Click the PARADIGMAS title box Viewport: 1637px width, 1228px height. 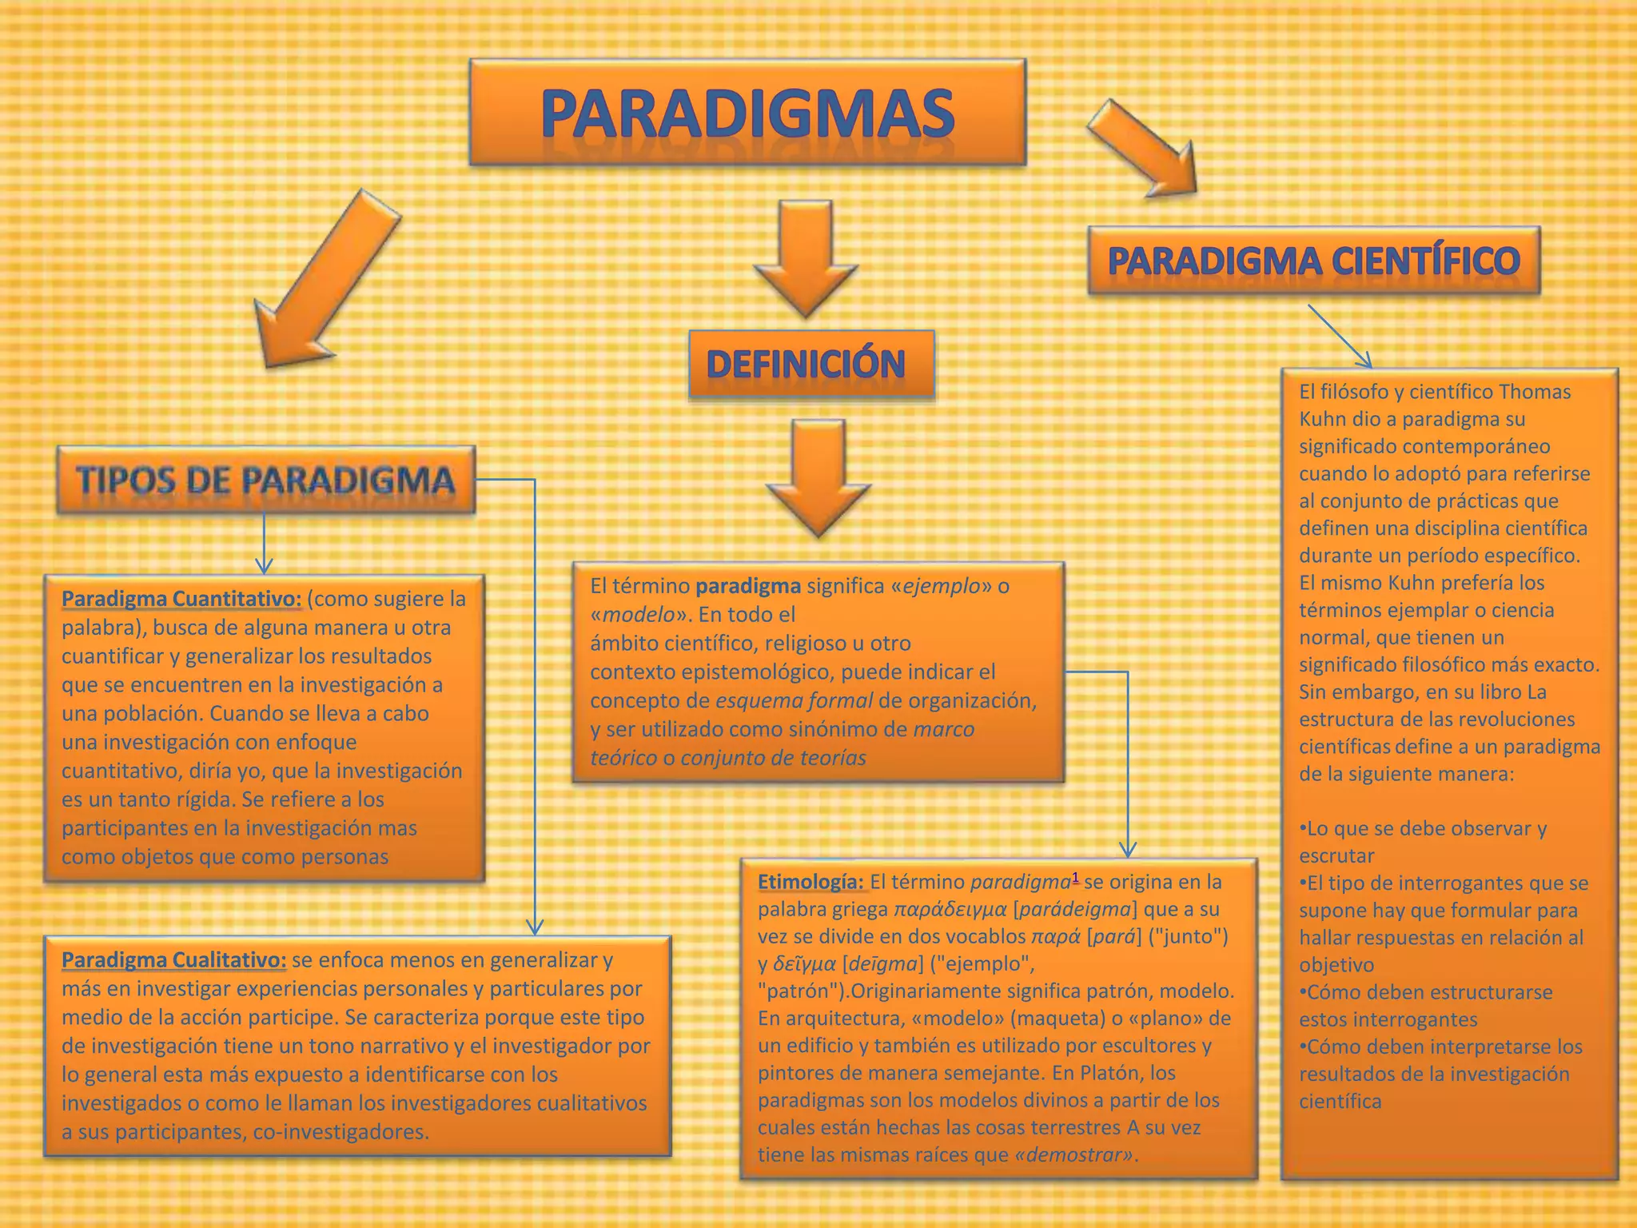tap(747, 113)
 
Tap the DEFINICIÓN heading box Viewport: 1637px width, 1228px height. tap(811, 365)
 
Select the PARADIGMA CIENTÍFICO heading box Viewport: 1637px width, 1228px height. tap(1313, 261)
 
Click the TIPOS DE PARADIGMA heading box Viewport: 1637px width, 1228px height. tap(265, 480)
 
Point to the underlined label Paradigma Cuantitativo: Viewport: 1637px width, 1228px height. tap(181, 599)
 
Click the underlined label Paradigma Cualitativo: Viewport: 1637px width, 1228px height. tap(173, 959)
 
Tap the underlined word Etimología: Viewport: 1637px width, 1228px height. tap(811, 882)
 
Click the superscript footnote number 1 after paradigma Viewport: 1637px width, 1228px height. tap(1075, 878)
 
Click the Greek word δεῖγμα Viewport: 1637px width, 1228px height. tap(804, 964)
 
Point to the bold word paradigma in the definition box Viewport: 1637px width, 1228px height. tap(747, 586)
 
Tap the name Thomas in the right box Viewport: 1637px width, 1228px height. tap(1534, 392)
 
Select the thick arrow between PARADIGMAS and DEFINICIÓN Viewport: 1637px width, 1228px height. tap(805, 256)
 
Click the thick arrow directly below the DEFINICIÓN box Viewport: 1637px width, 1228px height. tap(818, 477)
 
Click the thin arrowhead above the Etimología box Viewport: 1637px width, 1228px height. tap(1127, 849)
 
